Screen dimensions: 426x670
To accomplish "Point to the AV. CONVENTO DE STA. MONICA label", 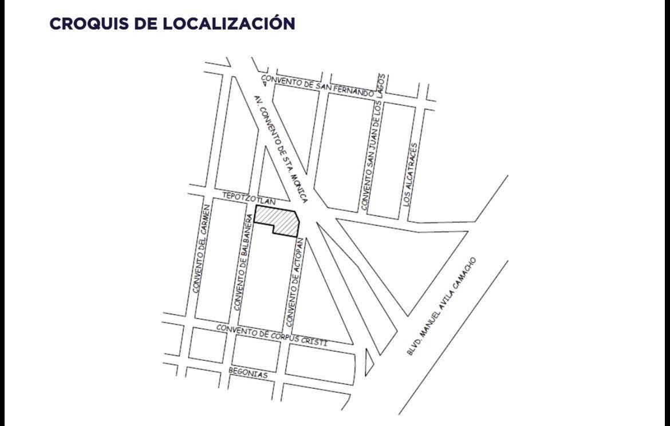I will pos(281,149).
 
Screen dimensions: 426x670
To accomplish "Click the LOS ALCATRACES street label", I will pos(411,174).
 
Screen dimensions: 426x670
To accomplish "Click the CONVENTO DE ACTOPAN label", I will pos(293,283).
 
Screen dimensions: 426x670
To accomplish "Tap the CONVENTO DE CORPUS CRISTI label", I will pos(271,335).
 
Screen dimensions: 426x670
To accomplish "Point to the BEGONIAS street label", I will pos(248,373).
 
